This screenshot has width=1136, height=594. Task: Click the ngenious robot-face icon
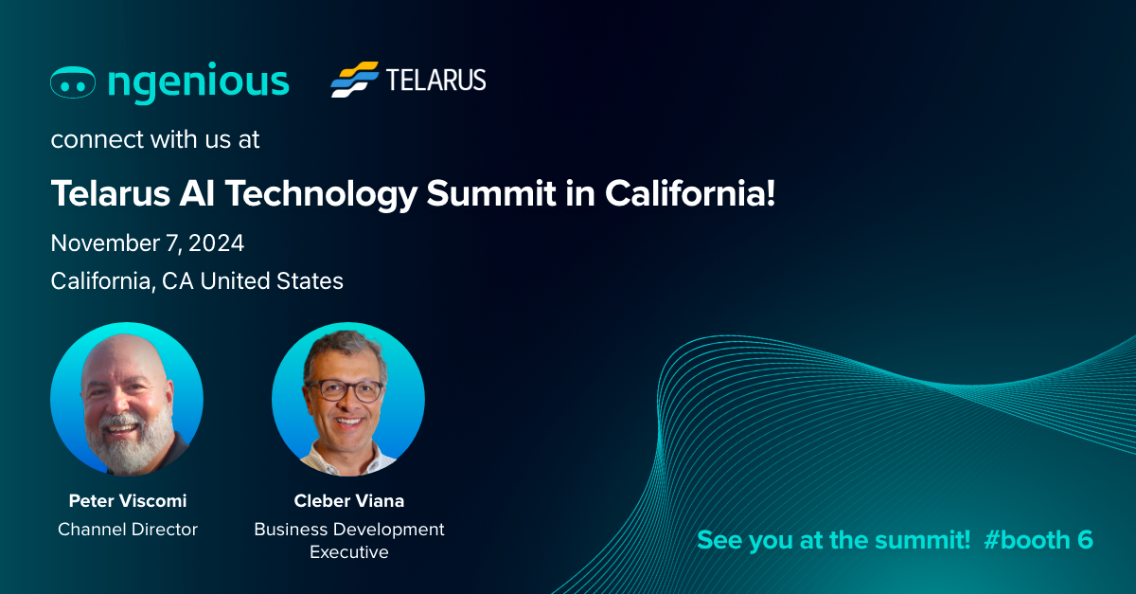tap(73, 82)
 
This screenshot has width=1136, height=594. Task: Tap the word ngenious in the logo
tap(198, 83)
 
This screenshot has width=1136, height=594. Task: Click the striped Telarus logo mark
tap(354, 80)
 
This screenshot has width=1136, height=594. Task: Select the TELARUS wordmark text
tap(436, 81)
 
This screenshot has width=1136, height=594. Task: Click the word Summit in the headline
tap(491, 193)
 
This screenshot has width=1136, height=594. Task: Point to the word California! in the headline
tap(690, 193)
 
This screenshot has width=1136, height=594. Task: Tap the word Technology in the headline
tap(322, 195)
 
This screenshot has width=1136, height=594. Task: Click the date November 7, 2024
tap(148, 243)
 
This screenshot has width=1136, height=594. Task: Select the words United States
tap(272, 280)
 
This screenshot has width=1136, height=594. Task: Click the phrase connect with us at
tap(155, 139)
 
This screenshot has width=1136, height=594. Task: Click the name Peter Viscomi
tap(128, 501)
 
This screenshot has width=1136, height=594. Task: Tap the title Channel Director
tap(128, 530)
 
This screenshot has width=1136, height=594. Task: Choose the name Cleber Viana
tap(349, 501)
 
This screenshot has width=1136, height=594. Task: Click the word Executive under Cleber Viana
tap(349, 552)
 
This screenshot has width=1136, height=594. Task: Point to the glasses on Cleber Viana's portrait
tap(345, 390)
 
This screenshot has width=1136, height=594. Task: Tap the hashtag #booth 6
tap(1038, 540)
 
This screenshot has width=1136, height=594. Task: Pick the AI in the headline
tap(197, 193)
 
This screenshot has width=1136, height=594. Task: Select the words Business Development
tap(349, 530)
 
